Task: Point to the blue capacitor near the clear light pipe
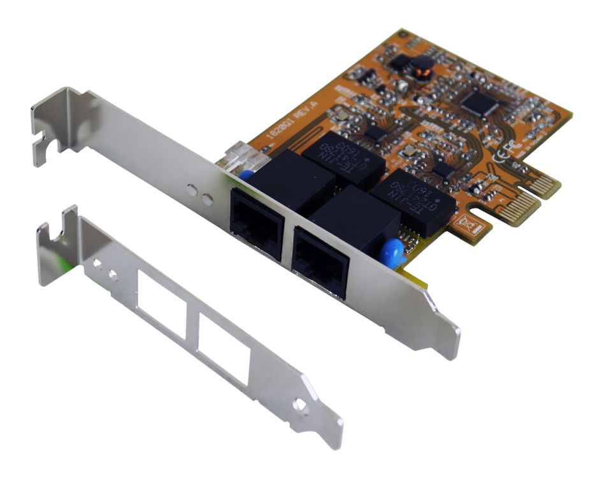(x=245, y=175)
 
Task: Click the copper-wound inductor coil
(x=419, y=73)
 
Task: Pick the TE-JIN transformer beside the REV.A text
(x=343, y=156)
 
